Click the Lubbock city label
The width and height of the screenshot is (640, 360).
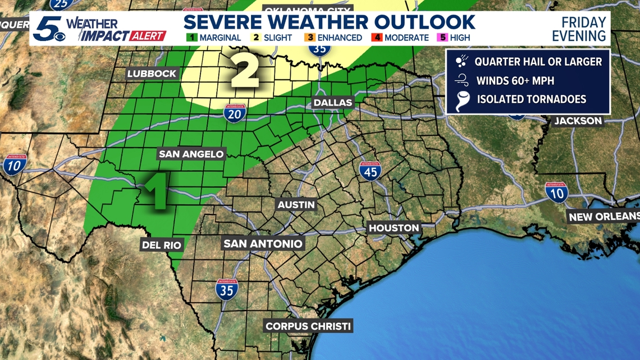tap(152, 74)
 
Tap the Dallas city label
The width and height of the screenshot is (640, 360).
tap(333, 103)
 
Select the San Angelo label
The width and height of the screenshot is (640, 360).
tap(191, 154)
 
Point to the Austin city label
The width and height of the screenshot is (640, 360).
tap(296, 205)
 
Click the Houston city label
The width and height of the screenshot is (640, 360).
tap(394, 228)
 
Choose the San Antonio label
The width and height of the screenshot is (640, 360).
tap(263, 244)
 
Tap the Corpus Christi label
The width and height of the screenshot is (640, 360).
tap(308, 326)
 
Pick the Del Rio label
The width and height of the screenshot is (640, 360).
tap(161, 244)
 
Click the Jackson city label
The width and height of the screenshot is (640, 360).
tap(578, 121)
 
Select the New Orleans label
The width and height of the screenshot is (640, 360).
tap(603, 217)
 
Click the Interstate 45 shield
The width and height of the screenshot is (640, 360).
tap(370, 170)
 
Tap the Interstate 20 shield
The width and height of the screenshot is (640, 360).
tap(234, 113)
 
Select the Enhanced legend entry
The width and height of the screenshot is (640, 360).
tap(334, 38)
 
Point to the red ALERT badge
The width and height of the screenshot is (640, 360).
tap(145, 36)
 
